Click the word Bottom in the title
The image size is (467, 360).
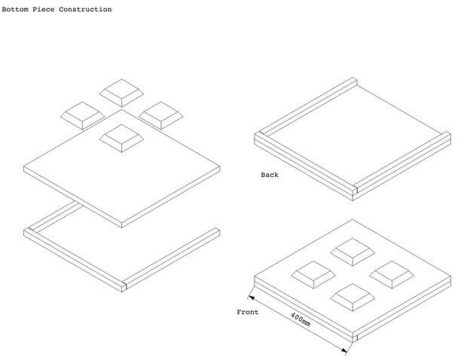click(x=15, y=10)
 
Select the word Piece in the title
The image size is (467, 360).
click(x=44, y=10)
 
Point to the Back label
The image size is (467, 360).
click(x=270, y=175)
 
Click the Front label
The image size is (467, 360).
click(x=248, y=312)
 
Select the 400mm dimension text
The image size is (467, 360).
click(x=299, y=319)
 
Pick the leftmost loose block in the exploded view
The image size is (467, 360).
click(x=81, y=115)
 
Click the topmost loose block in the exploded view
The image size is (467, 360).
click(x=121, y=92)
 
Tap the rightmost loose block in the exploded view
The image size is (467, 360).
click(x=162, y=114)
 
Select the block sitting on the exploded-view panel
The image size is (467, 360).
click(x=121, y=137)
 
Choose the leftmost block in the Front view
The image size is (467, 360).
click(x=313, y=273)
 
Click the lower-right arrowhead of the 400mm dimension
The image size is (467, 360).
click(x=348, y=349)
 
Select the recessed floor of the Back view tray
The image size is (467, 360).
click(x=354, y=136)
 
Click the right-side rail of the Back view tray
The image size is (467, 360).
click(x=404, y=161)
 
